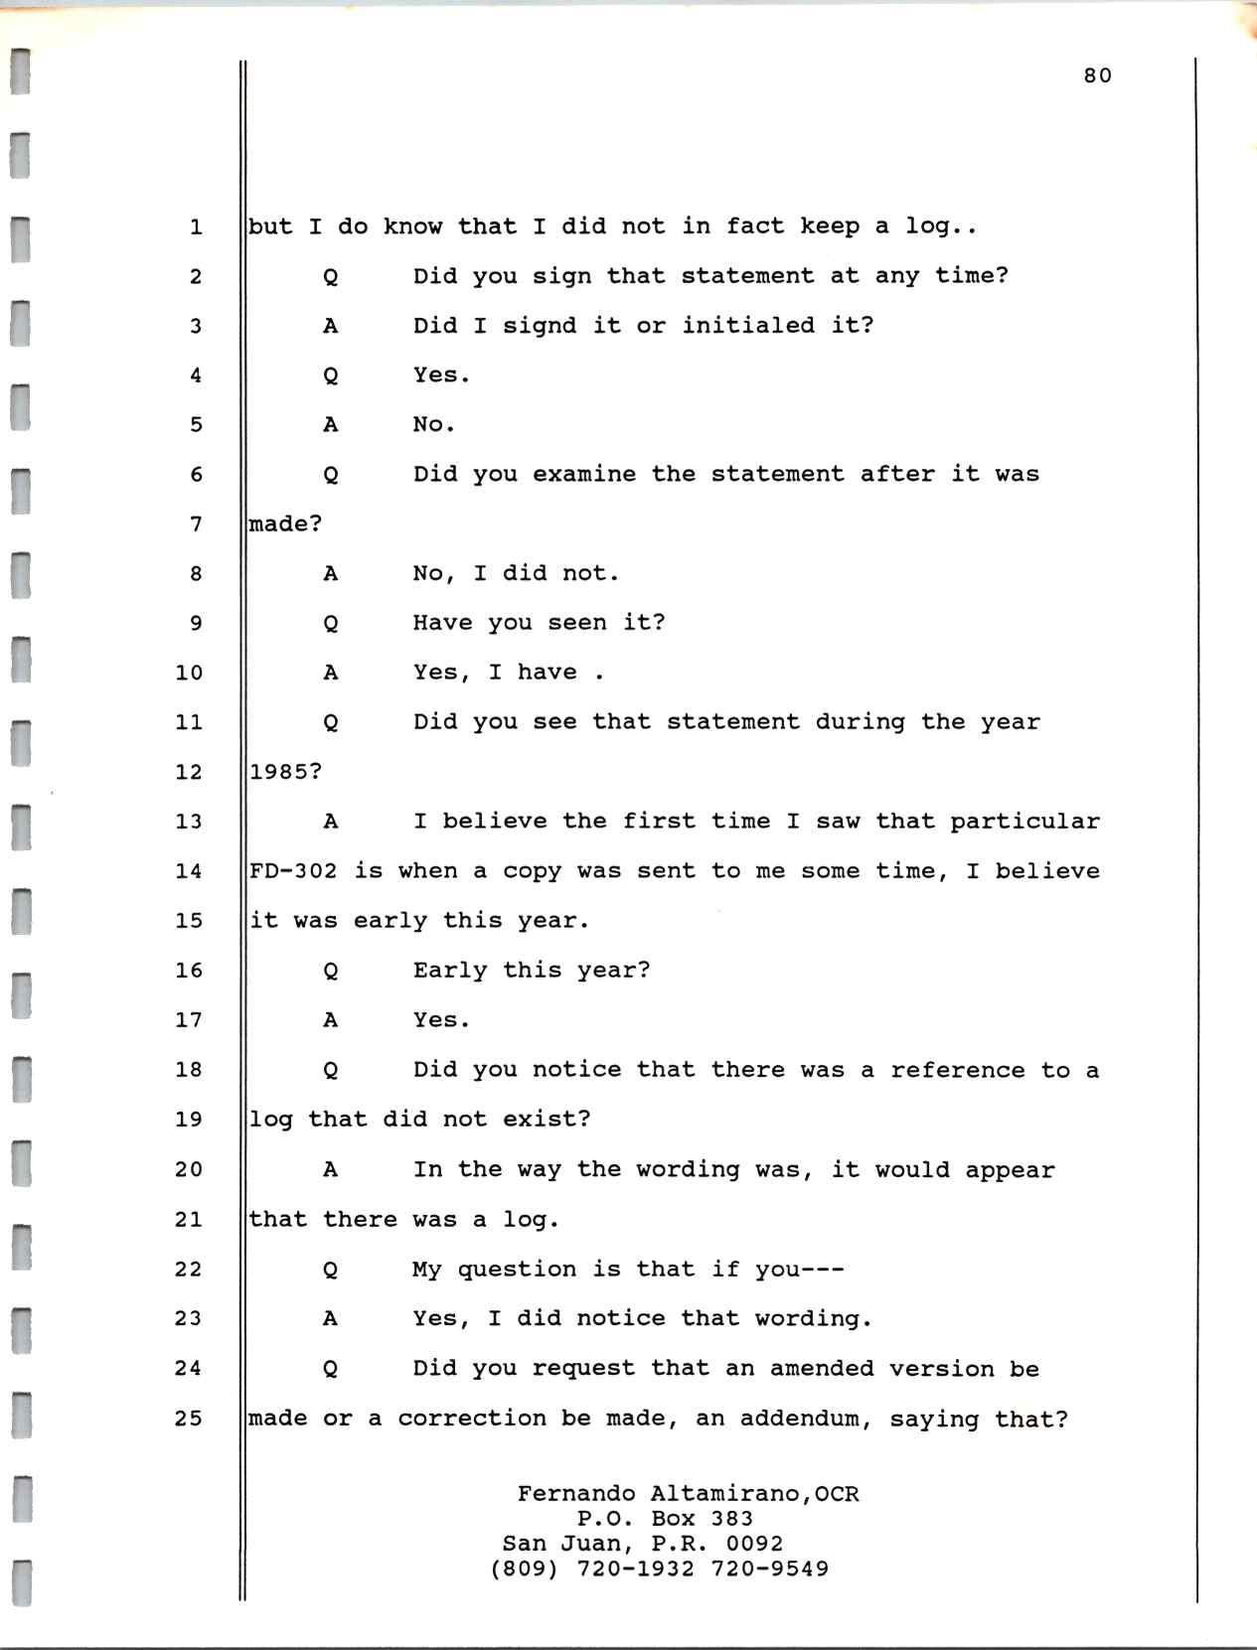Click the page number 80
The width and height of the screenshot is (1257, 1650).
(1097, 76)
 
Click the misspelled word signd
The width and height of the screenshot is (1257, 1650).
(540, 326)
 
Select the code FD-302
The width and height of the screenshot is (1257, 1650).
(293, 871)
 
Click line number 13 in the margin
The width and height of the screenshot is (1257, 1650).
(189, 822)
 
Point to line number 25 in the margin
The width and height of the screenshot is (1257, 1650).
(189, 1418)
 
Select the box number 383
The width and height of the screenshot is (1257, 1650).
(731, 1518)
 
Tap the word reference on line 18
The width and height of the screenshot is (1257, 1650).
(957, 1070)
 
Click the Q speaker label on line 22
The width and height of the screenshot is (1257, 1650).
(331, 1270)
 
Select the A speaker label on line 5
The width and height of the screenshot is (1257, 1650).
(331, 425)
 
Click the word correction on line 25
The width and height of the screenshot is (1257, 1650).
(472, 1419)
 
